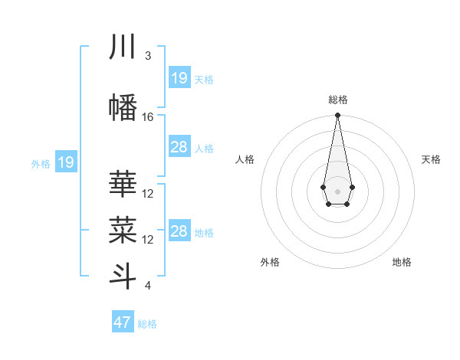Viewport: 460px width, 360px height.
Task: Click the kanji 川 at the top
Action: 123,47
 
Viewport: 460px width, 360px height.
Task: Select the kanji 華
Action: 123,185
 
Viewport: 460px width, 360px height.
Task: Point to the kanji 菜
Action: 123,231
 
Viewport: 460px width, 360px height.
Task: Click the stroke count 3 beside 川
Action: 148,56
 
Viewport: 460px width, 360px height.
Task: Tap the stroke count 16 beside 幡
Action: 148,117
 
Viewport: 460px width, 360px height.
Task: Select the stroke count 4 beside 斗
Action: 148,286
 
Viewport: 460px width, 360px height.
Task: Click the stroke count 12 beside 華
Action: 148,194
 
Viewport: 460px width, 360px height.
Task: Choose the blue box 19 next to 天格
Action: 179,78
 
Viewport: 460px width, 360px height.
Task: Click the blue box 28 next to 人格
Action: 179,147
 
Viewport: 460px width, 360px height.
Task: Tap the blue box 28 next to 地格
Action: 179,231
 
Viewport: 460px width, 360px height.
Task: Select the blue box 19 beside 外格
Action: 66,162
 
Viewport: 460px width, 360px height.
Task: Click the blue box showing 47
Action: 123,322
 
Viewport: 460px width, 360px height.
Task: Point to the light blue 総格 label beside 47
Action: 147,324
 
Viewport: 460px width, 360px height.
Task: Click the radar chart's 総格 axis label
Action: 337,100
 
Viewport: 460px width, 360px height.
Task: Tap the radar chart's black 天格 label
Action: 431,159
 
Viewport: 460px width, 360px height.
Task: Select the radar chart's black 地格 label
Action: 402,263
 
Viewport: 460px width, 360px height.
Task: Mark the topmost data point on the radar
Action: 337,116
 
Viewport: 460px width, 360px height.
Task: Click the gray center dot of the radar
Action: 337,191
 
